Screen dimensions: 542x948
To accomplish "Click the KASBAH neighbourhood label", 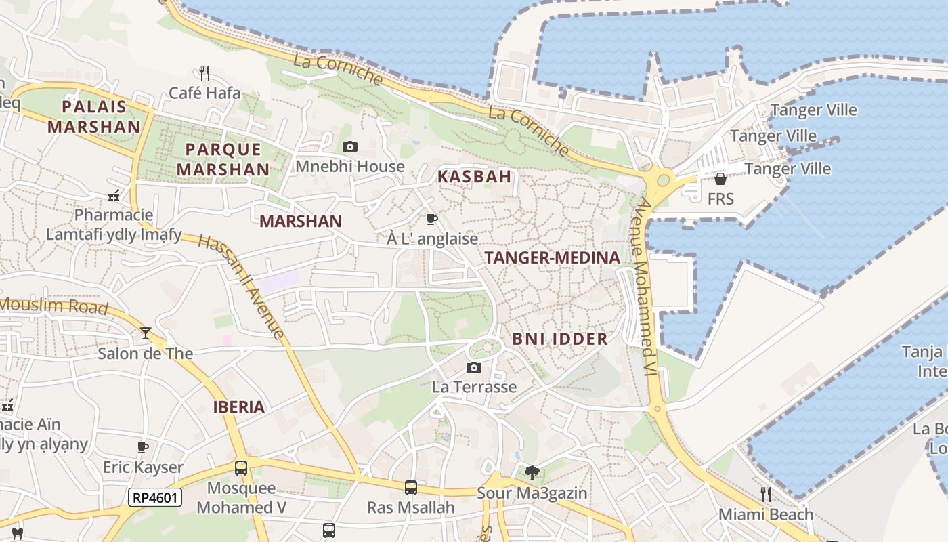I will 474,177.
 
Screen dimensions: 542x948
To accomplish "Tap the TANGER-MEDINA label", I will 552,257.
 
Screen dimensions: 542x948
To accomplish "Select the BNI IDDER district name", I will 559,339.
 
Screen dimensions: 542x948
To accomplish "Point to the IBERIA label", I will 238,407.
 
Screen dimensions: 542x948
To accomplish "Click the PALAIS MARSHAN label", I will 93,117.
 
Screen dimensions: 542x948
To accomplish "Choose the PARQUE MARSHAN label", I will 223,159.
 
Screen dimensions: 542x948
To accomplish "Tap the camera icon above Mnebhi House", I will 350,146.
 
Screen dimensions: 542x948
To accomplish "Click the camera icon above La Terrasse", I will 474,367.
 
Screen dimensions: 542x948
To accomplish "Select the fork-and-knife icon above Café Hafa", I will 204,72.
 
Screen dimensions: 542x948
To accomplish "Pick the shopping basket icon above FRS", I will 720,179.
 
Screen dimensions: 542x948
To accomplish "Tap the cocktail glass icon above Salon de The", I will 145,333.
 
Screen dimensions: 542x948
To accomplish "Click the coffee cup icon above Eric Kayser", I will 143,447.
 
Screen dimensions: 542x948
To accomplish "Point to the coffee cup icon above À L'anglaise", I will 432,219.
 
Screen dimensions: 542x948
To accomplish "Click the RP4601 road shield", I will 155,498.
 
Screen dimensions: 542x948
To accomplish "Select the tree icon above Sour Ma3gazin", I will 532,472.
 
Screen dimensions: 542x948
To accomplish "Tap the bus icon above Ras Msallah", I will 410,487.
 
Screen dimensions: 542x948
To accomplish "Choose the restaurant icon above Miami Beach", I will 765,494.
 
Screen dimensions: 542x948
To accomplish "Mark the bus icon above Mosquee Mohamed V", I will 241,467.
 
